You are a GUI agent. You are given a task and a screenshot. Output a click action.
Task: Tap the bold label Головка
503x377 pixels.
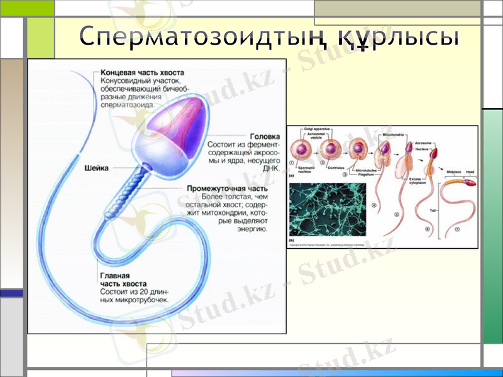click(x=265, y=136)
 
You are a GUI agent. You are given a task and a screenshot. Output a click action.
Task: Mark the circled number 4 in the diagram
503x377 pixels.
click(x=373, y=205)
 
